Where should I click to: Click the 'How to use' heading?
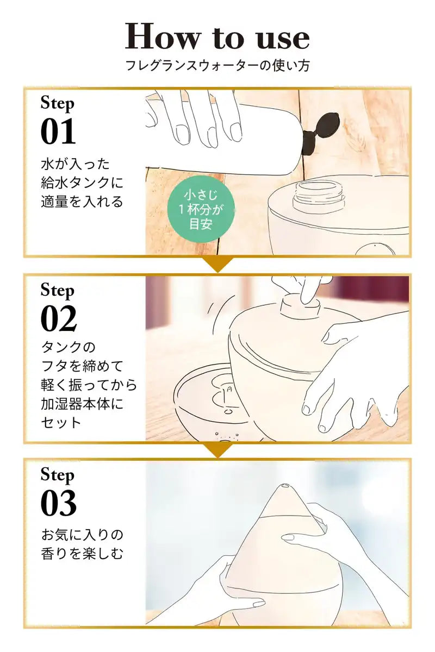click(217, 37)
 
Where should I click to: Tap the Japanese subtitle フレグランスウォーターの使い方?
click(217, 66)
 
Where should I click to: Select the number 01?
click(58, 131)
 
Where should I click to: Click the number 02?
click(59, 318)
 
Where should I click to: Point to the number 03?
click(59, 503)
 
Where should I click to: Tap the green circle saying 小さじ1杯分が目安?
click(201, 209)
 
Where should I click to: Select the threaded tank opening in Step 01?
click(319, 194)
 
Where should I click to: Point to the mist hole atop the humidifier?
click(285, 486)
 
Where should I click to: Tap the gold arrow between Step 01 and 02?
click(217, 264)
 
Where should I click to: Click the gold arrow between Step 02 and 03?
click(217, 450)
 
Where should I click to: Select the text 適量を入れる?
click(82, 202)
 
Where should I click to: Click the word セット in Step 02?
click(61, 422)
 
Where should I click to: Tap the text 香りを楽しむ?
click(82, 554)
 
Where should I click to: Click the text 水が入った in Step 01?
click(75, 164)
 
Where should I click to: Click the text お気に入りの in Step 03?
click(82, 535)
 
